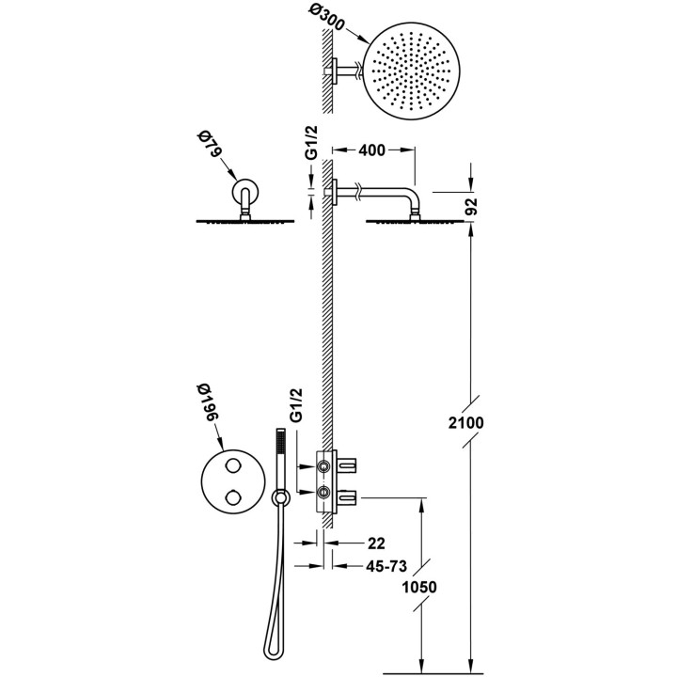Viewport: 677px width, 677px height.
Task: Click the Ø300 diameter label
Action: pos(327,18)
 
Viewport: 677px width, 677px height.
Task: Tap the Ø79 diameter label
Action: pos(209,146)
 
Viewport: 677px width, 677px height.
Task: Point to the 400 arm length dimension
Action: pos(371,150)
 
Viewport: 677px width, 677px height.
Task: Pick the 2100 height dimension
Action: pos(465,423)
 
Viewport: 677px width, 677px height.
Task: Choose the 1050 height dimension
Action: pos(418,587)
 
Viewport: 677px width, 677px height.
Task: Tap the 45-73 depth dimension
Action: pos(386,566)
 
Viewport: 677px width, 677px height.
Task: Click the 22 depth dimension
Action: pos(375,543)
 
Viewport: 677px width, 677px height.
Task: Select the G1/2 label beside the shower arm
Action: pos(312,142)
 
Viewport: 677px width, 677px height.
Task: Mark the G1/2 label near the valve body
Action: pos(296,405)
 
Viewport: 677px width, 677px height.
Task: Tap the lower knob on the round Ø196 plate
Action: pos(233,497)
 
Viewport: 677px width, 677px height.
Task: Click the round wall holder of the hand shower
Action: pos(280,498)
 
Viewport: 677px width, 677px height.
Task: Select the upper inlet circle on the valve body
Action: pos(323,466)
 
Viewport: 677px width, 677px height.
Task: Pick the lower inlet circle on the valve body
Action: pos(323,492)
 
